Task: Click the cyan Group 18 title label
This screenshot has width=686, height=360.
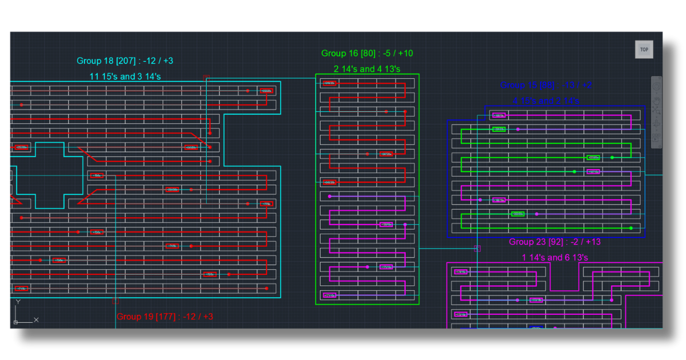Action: click(125, 61)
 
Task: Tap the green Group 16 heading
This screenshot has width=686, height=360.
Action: click(367, 53)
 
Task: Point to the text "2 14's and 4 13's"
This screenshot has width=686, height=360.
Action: click(367, 69)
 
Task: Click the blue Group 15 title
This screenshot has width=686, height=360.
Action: click(546, 85)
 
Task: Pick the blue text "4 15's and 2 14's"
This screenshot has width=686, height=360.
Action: click(546, 101)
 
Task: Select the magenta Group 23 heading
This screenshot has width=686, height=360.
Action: click(555, 242)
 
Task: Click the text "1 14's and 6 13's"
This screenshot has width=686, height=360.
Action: click(555, 257)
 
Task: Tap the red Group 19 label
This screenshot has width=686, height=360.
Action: click(165, 316)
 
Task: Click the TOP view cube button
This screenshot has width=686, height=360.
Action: click(644, 50)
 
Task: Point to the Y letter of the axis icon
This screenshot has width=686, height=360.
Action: click(18, 301)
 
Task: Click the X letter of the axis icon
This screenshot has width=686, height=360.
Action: click(36, 319)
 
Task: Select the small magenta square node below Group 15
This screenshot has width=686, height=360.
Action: click(477, 249)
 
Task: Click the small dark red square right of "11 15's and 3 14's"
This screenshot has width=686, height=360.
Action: click(206, 77)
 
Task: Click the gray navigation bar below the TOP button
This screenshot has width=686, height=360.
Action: click(656, 112)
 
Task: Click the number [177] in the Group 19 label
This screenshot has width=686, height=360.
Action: click(166, 316)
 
